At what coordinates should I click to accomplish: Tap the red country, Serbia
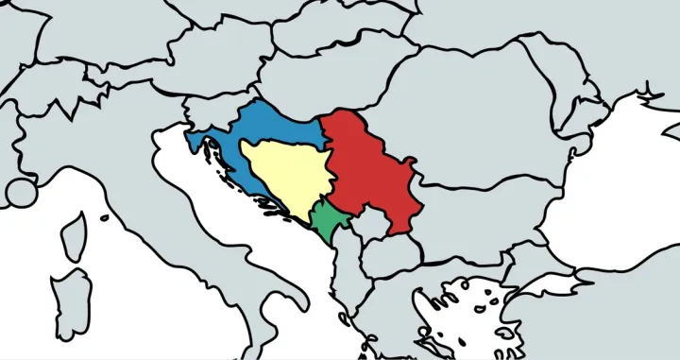click(368, 170)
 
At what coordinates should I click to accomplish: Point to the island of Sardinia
click(72, 302)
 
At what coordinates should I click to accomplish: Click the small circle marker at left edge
click(21, 194)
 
